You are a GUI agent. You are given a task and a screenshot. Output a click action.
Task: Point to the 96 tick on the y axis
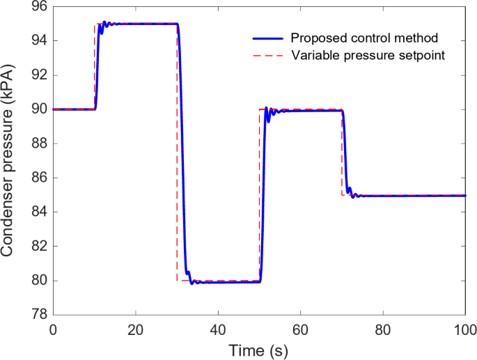coord(38,7)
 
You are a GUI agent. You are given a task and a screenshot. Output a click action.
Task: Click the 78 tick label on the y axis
coord(38,315)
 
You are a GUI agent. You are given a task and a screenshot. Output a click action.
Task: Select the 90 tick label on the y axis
coord(38,109)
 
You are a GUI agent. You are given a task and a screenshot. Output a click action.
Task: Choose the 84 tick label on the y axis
coord(38,212)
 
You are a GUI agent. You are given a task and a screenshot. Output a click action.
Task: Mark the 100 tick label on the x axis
coord(464,329)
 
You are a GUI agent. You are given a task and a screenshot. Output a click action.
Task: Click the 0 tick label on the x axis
coord(53,329)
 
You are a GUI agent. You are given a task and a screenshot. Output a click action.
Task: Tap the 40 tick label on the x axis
coord(218,329)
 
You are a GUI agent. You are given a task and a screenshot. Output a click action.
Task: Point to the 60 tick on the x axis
coord(300,329)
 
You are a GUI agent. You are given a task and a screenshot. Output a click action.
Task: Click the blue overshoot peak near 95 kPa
coord(104,22)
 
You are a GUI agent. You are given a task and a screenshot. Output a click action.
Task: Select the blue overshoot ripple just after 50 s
coord(267,109)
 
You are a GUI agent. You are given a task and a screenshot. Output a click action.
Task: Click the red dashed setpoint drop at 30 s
coord(177,153)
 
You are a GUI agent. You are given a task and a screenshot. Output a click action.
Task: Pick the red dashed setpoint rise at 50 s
coord(259,195)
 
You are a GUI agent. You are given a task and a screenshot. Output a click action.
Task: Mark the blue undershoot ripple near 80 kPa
coord(192,282)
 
